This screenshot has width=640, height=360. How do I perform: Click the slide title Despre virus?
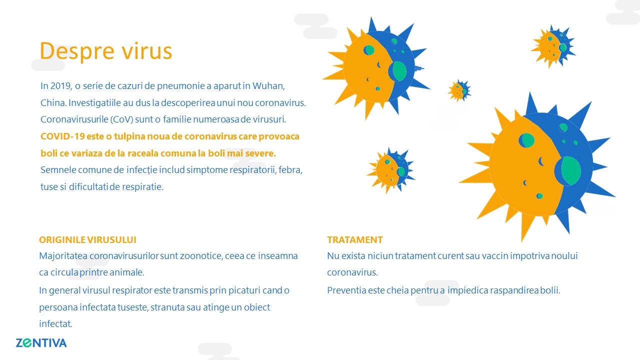coord(105,51)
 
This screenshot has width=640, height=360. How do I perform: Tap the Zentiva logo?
coord(41,343)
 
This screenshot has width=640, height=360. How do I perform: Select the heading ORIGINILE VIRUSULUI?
coord(87,239)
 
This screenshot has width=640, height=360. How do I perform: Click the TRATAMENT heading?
coord(355,239)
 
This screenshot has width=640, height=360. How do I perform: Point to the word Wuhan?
coord(268,85)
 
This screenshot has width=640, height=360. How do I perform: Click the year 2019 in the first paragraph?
coord(61,85)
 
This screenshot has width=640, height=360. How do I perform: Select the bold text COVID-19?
coord(62,136)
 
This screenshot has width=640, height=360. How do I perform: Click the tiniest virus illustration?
coord(459,91)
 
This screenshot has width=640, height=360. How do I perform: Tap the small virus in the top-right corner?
coord(553,46)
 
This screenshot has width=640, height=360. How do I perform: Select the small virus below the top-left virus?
coord(390,170)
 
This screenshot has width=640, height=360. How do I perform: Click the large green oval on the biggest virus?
coord(571,171)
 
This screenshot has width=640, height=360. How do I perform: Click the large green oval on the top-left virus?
coord(399,71)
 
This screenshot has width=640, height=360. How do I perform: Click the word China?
coord(53,103)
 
